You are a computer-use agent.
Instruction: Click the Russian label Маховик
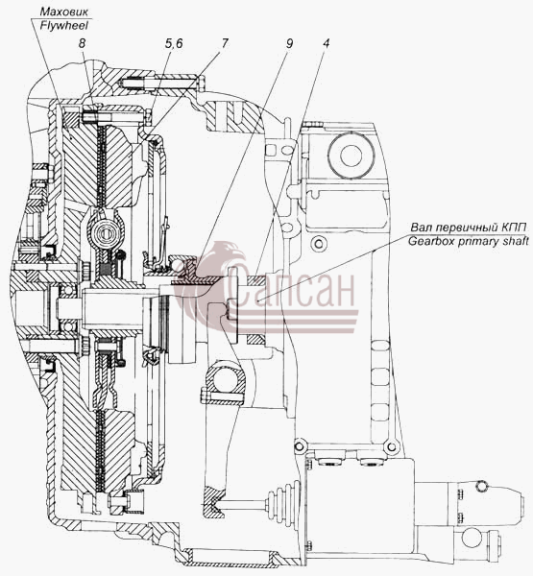[64, 12]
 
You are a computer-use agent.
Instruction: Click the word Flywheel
[64, 25]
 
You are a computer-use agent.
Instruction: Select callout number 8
[82, 43]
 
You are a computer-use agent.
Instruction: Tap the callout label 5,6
[174, 44]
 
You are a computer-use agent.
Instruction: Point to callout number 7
[224, 43]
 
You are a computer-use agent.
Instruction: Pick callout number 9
[289, 43]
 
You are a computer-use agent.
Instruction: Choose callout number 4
[326, 43]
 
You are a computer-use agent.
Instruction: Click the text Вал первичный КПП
[469, 228]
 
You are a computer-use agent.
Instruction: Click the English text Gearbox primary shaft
[469, 241]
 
